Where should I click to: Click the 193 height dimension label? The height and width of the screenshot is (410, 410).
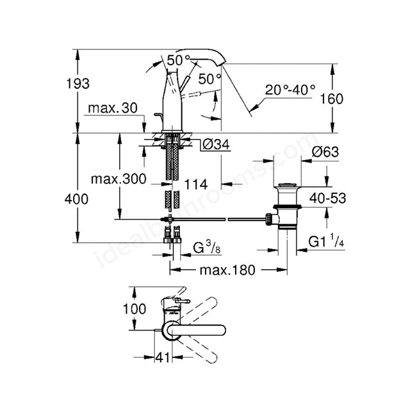point(78,84)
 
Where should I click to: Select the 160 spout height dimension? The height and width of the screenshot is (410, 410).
point(332,99)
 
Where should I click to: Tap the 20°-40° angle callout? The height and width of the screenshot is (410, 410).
point(290,90)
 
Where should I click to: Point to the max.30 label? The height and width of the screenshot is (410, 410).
point(113,108)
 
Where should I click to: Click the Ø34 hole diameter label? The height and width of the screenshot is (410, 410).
point(217,144)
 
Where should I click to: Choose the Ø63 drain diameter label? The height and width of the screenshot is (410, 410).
point(325,152)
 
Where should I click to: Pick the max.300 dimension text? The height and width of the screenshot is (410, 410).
point(119,179)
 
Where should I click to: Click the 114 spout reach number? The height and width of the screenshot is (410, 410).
point(196,184)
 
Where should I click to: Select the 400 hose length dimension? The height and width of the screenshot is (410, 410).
point(76,199)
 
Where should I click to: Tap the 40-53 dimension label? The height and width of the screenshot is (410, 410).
point(327,198)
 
